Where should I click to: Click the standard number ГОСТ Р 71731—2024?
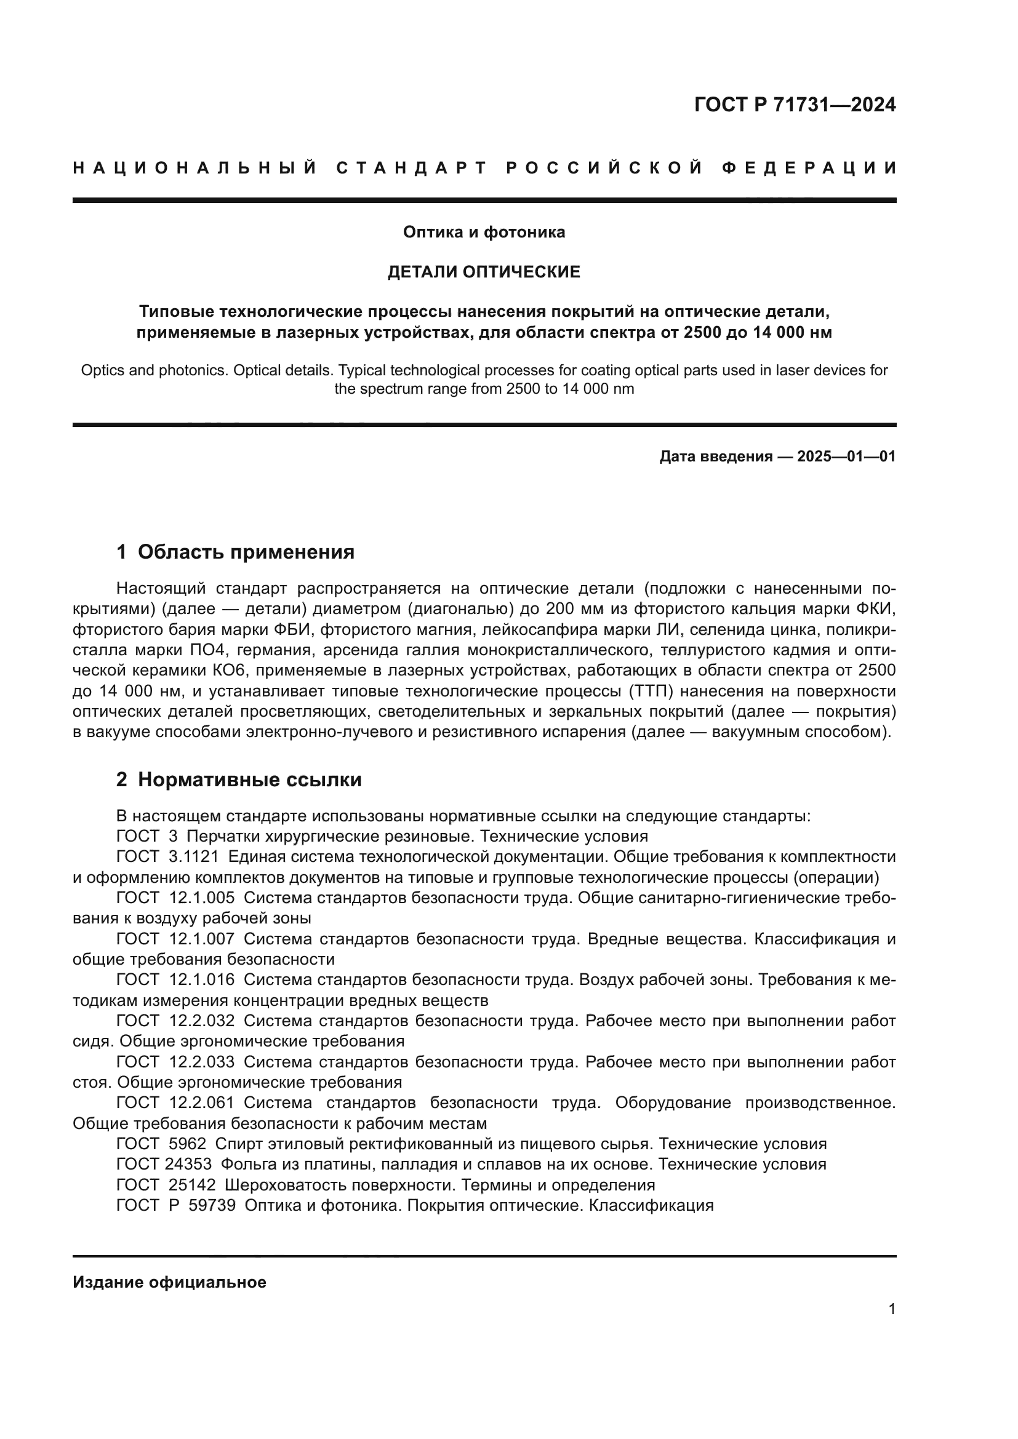pyautogui.click(x=795, y=105)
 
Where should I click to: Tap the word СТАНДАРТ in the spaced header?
pyautogui.click(x=412, y=168)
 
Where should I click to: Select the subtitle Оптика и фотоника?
pyautogui.click(x=484, y=233)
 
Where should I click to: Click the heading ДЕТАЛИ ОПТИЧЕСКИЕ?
pyautogui.click(x=484, y=272)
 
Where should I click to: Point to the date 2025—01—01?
pyautogui.click(x=846, y=456)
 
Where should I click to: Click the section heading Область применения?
pyautogui.click(x=246, y=552)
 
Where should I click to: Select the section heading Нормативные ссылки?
pyautogui.click(x=249, y=779)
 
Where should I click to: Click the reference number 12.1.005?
pyautogui.click(x=202, y=898)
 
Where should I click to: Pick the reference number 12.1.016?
pyautogui.click(x=202, y=979)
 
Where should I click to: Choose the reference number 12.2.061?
pyautogui.click(x=202, y=1102)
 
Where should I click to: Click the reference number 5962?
pyautogui.click(x=188, y=1144)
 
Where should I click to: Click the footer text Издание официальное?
pyautogui.click(x=169, y=1282)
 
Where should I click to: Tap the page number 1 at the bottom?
pyautogui.click(x=892, y=1309)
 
